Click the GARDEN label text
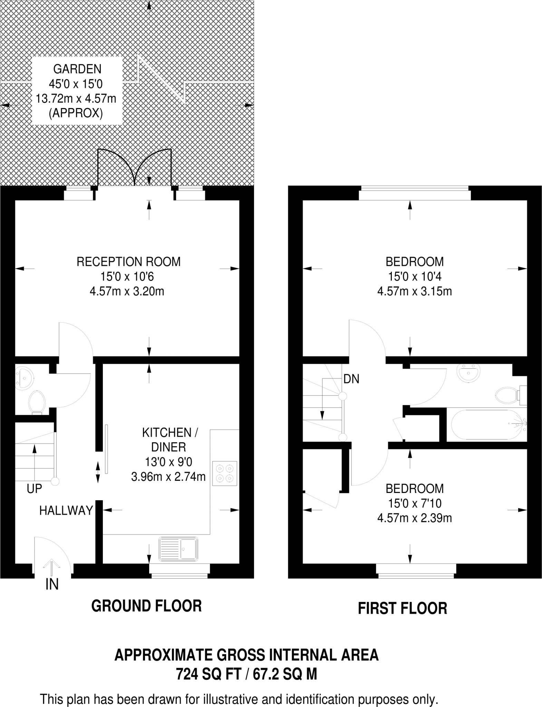click(77, 69)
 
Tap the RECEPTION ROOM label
click(128, 262)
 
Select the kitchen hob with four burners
click(225, 474)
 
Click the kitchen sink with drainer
click(178, 549)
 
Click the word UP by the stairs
click(34, 488)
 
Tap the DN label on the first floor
click(351, 379)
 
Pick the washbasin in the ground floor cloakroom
click(24, 378)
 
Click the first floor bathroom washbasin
click(468, 373)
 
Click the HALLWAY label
click(66, 510)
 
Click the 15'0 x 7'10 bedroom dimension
click(415, 503)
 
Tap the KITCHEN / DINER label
click(169, 439)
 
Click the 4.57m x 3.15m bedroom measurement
click(414, 291)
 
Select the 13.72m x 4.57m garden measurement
click(76, 99)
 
